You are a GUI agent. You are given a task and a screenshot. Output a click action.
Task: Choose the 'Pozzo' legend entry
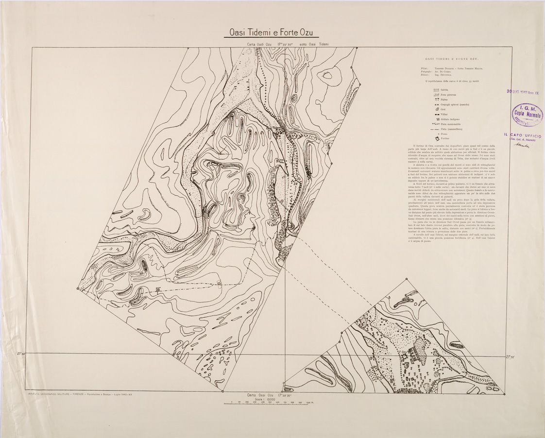point(443,134)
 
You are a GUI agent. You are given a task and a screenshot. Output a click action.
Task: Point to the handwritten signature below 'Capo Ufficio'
point(523,145)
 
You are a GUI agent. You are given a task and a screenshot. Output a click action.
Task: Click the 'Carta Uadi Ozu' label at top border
point(260,44)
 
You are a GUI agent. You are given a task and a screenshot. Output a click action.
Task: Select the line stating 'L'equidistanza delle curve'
point(453,81)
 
